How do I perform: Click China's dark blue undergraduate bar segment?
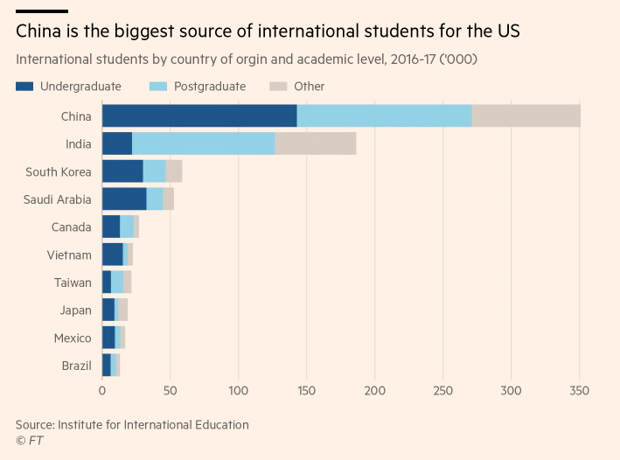(x=199, y=115)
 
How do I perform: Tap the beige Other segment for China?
(x=526, y=115)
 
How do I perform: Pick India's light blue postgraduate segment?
(x=203, y=143)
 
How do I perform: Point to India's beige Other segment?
(x=315, y=143)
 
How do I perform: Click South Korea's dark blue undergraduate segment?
(x=122, y=171)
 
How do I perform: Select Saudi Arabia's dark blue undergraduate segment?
(x=124, y=199)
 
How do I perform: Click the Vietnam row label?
(x=69, y=255)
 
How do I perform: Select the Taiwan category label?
(x=72, y=283)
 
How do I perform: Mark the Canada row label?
(x=71, y=227)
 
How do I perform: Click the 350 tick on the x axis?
(x=580, y=390)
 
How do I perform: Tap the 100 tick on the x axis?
(x=239, y=390)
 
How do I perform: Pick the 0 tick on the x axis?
(x=102, y=390)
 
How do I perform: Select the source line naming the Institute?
(x=132, y=425)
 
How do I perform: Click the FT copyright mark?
(x=29, y=441)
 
